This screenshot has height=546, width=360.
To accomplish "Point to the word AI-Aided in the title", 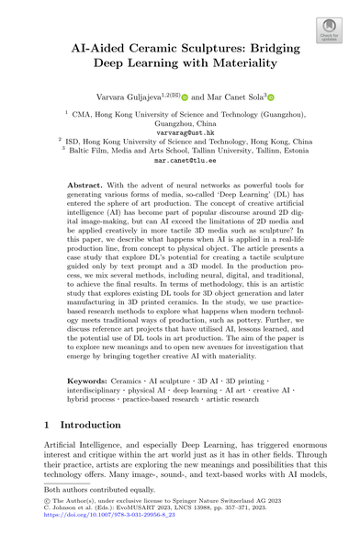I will tap(111, 46).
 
